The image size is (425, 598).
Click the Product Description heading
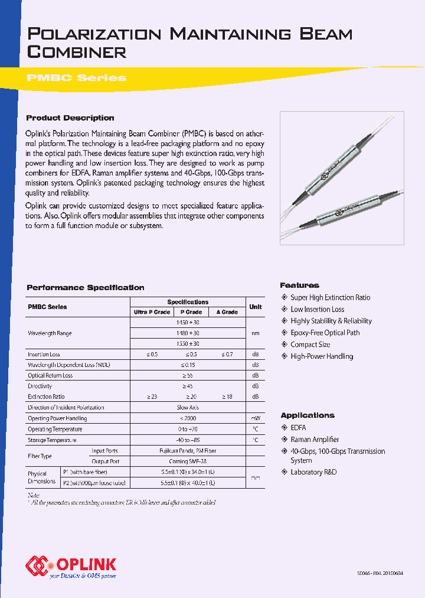(70, 118)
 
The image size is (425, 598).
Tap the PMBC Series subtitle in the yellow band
(76, 78)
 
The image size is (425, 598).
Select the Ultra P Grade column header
(152, 312)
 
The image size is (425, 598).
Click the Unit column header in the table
(255, 307)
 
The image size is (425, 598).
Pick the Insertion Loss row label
(44, 355)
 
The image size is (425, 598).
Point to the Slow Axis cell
(187, 407)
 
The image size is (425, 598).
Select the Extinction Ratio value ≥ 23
(151, 396)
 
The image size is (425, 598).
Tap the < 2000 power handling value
(187, 418)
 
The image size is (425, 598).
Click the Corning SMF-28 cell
(187, 461)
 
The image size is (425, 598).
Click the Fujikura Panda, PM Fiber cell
(187, 451)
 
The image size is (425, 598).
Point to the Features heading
(299, 285)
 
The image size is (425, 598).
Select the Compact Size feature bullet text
(310, 344)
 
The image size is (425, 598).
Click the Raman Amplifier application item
(315, 440)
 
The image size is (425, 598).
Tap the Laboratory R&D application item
(313, 472)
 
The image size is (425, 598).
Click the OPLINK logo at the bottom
(71, 565)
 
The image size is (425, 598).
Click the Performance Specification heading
(85, 288)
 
